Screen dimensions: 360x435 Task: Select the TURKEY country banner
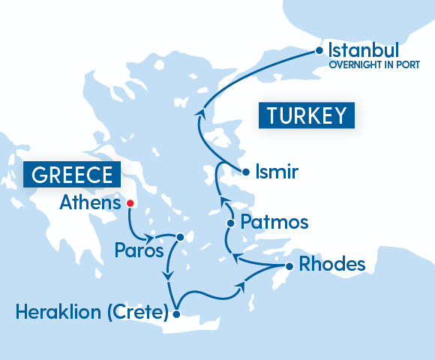click(306, 115)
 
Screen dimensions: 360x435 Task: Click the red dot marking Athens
click(130, 202)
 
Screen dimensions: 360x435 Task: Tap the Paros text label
click(139, 250)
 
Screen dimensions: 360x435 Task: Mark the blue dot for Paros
click(180, 237)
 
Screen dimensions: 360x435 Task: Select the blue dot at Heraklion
click(176, 315)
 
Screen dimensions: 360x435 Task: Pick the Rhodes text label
click(331, 265)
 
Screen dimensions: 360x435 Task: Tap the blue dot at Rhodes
click(289, 266)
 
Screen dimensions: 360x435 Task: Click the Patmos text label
click(274, 223)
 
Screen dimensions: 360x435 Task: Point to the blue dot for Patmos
click(230, 223)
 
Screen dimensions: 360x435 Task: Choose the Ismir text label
click(277, 172)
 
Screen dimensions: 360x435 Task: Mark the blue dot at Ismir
click(245, 172)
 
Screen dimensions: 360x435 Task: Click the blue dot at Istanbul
click(319, 52)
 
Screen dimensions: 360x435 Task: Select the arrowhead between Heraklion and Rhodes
click(241, 286)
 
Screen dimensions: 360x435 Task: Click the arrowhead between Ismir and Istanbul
click(199, 113)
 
